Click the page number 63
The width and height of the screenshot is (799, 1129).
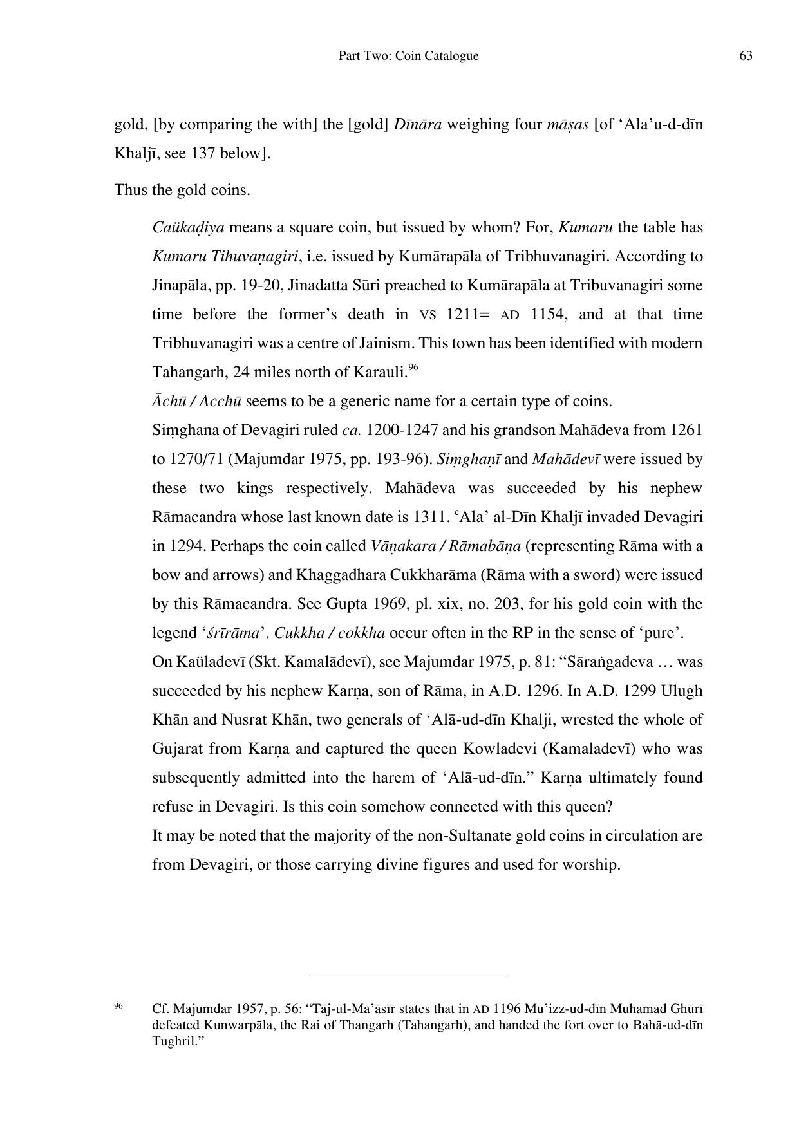[x=746, y=56]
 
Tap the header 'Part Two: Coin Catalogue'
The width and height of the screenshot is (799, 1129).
[x=408, y=56]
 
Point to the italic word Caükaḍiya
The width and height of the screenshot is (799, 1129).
[x=188, y=228]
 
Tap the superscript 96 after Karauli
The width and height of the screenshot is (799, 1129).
[x=413, y=368]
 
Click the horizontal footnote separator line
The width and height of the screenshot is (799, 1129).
[x=408, y=975]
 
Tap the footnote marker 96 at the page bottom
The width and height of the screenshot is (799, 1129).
[x=118, y=1005]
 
